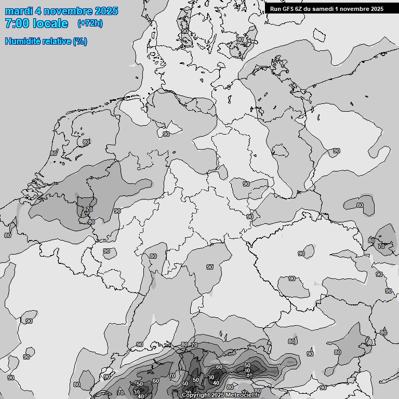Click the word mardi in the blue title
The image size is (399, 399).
point(18,11)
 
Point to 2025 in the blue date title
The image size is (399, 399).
point(106,11)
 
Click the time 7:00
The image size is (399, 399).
point(16,23)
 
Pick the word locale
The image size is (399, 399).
point(50,23)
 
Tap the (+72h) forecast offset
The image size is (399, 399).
point(90,23)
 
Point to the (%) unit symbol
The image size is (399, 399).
point(80,42)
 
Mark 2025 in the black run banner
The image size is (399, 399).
point(377,8)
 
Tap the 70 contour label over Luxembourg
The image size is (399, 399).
point(89,210)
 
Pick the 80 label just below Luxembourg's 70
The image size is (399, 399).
point(91,222)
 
